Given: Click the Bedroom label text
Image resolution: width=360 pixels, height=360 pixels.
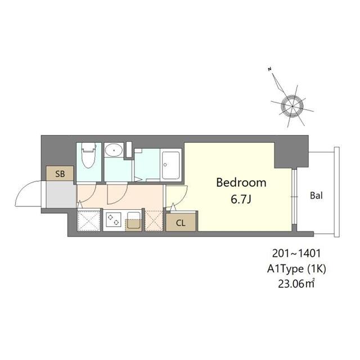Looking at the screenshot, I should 241,183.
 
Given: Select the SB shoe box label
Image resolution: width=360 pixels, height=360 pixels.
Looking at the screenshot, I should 61,174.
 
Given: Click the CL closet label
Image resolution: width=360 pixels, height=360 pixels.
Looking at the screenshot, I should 181,222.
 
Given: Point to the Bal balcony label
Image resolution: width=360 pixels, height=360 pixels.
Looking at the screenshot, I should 316,196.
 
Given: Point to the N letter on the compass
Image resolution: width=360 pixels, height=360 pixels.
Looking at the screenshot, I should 271,69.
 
